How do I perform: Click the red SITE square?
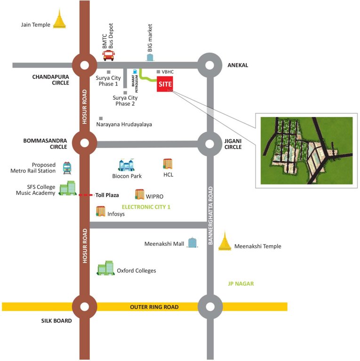(165, 83)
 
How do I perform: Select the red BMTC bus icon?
(109, 55)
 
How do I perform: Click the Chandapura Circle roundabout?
(85, 65)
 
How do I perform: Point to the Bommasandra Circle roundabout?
(85, 143)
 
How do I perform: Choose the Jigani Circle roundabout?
(208, 143)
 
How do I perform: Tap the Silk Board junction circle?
(85, 306)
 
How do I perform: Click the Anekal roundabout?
(208, 65)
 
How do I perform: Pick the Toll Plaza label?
(107, 195)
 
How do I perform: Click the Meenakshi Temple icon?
(225, 241)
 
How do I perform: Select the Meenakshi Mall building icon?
(192, 243)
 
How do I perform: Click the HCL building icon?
(168, 164)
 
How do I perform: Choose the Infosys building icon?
(101, 212)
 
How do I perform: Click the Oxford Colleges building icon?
(105, 268)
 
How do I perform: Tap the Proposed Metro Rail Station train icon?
(67, 168)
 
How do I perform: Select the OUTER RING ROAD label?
(154, 307)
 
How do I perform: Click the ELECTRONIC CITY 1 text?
(146, 206)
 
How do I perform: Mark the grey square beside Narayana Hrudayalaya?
(100, 118)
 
